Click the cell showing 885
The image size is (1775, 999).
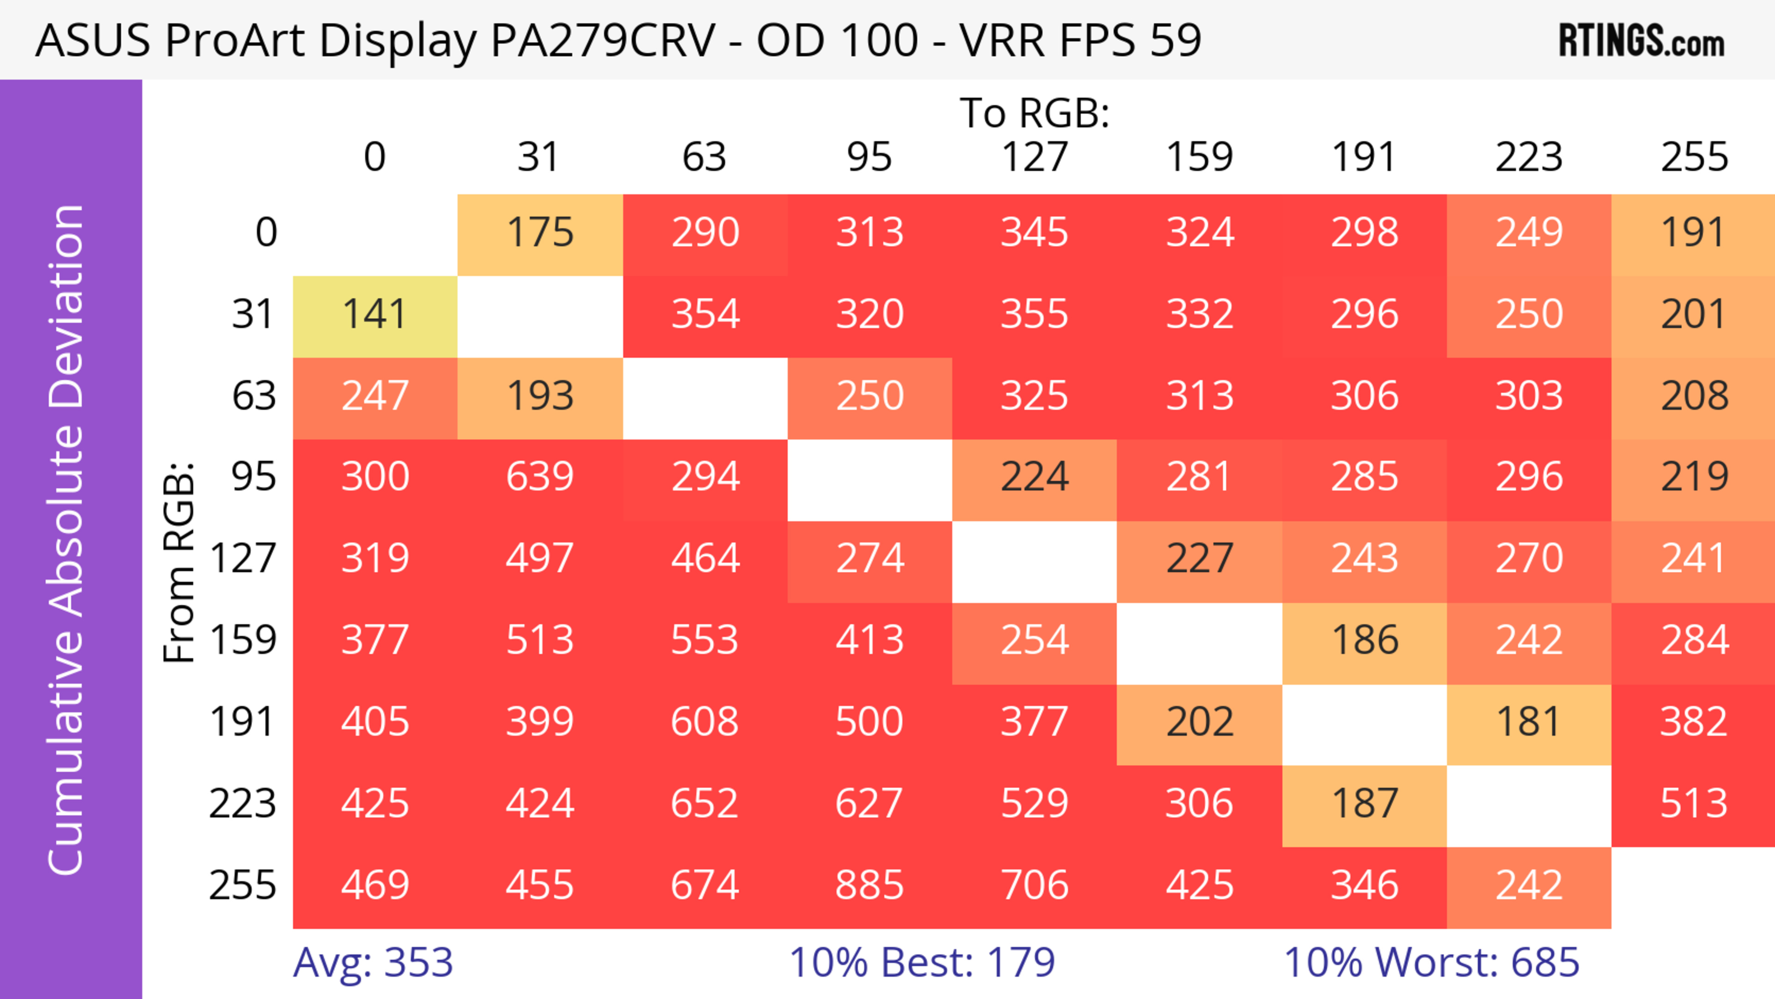[869, 885]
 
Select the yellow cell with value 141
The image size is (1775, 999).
[375, 315]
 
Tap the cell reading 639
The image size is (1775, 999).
[539, 477]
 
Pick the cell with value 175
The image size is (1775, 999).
[539, 233]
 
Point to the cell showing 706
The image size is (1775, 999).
[1034, 885]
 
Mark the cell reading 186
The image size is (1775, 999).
[1365, 641]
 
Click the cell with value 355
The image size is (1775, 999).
[1034, 315]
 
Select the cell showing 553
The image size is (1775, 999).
[704, 641]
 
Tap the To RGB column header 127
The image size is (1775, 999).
[1034, 157]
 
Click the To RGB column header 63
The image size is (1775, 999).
[704, 157]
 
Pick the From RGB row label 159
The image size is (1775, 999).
[243, 641]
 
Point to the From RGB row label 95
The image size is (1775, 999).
[254, 477]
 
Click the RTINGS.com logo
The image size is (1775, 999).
[1641, 41]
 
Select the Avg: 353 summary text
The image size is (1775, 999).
[373, 962]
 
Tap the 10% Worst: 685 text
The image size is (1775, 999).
[1431, 962]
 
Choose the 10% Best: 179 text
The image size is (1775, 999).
[922, 962]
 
